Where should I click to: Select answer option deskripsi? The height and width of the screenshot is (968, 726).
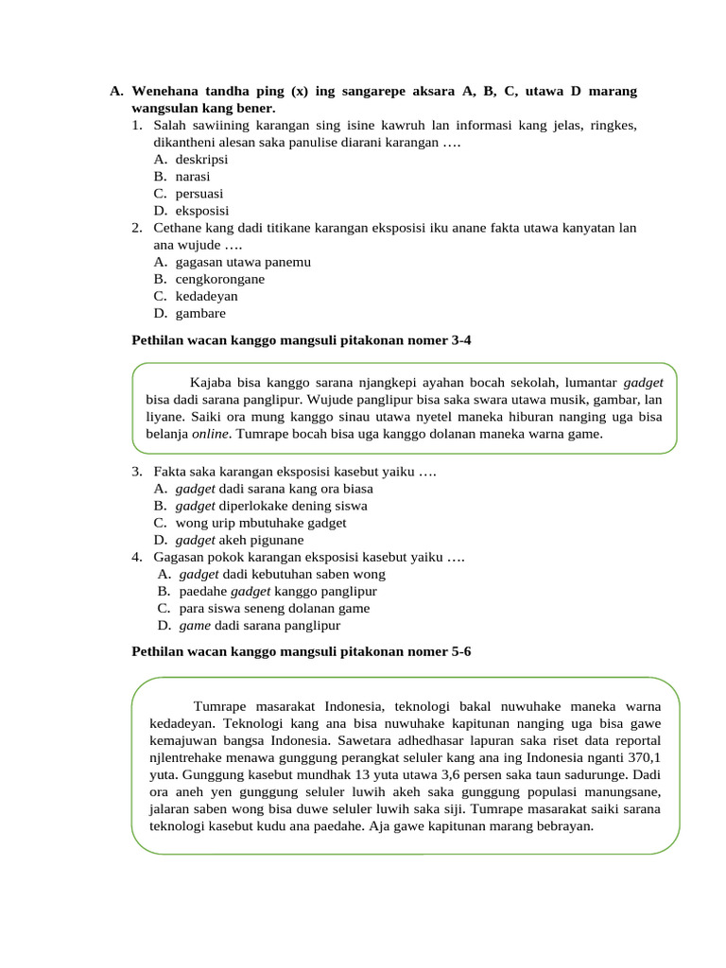[201, 159]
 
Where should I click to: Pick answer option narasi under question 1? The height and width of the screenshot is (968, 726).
[192, 176]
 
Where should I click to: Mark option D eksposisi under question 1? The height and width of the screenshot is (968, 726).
[201, 211]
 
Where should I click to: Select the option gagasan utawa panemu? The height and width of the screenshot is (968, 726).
[243, 262]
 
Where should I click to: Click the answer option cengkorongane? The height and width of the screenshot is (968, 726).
[219, 279]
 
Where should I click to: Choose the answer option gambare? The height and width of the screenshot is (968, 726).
[200, 313]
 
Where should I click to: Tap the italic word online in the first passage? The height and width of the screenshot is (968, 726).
[211, 434]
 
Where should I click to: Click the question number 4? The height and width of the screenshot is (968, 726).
[137, 557]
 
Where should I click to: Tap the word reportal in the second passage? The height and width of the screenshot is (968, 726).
[634, 740]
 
